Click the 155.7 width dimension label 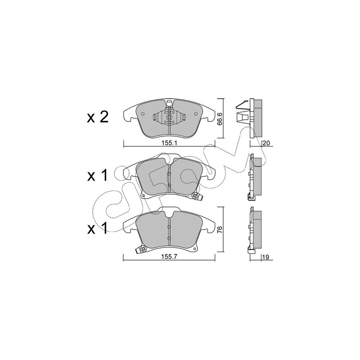point(169,257)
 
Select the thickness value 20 point(266,144)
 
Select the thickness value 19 point(265,257)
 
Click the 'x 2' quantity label point(98,117)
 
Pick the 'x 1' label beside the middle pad point(97,175)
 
